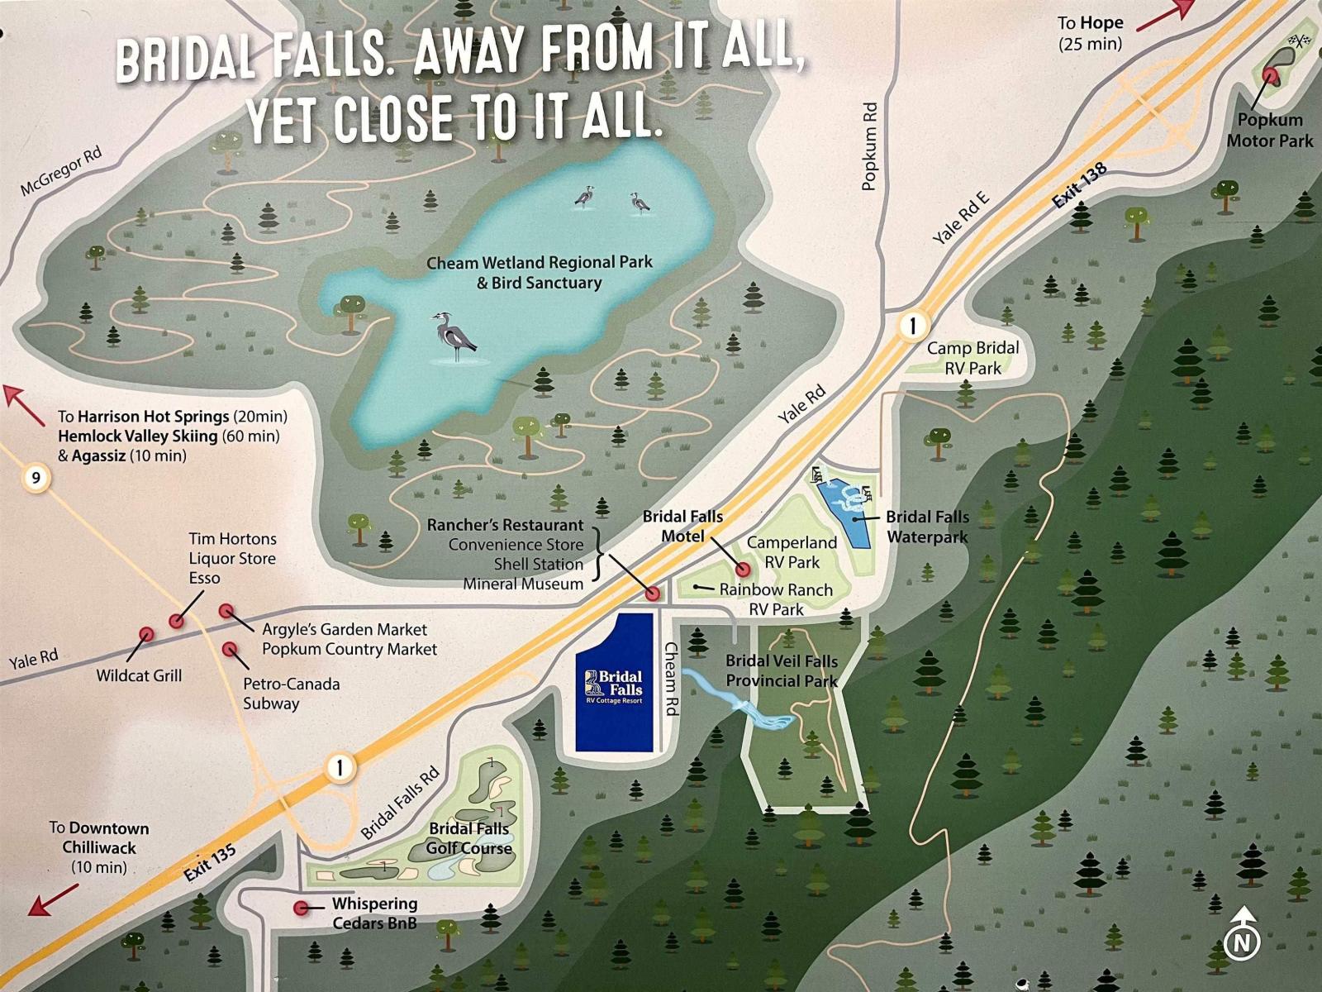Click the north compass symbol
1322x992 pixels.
pyautogui.click(x=1241, y=940)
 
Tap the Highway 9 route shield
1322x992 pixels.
pyautogui.click(x=36, y=477)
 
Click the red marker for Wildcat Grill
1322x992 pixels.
pyautogui.click(x=146, y=634)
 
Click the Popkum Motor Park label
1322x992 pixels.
pyautogui.click(x=1269, y=131)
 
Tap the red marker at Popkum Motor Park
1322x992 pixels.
pyautogui.click(x=1273, y=76)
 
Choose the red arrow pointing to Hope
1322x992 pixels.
pyautogui.click(x=1165, y=15)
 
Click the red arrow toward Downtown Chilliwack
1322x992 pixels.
pyautogui.click(x=53, y=900)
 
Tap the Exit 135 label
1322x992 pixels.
pyautogui.click(x=210, y=864)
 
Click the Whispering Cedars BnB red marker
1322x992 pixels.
pyautogui.click(x=302, y=908)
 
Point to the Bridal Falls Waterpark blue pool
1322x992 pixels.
pyautogui.click(x=844, y=506)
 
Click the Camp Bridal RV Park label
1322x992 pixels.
pyautogui.click(x=972, y=358)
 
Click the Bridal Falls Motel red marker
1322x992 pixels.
pyautogui.click(x=742, y=569)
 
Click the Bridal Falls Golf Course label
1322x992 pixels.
pyautogui.click(x=468, y=837)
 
